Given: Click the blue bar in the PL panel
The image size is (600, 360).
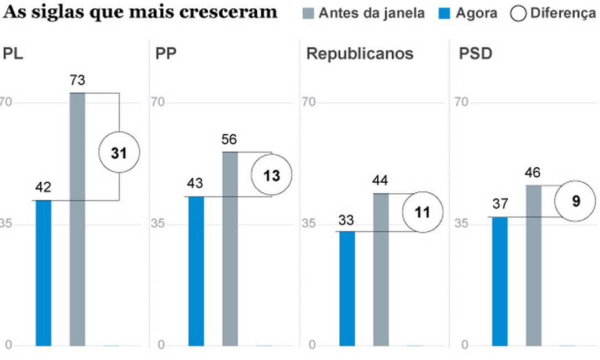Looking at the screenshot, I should (x=44, y=273).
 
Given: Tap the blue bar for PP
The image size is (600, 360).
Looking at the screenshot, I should (x=196, y=271).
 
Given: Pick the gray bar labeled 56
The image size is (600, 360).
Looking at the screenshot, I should (x=230, y=248).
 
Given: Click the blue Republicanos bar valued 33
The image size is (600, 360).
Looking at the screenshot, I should (x=347, y=288).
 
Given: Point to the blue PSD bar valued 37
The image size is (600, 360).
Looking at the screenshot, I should (x=499, y=281).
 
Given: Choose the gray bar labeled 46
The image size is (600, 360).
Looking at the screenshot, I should (x=533, y=266).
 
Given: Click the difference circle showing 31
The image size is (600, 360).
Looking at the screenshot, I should (x=119, y=153).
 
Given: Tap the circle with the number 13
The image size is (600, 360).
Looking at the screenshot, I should (x=271, y=175).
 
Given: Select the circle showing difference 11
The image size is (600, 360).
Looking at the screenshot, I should (x=423, y=213).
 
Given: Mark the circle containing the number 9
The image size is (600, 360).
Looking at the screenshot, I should (x=576, y=201).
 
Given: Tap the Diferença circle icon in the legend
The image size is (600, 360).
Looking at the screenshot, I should (x=519, y=13).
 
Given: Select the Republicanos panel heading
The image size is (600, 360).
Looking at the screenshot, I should (x=360, y=54).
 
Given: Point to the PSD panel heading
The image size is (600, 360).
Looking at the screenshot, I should (x=476, y=54).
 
